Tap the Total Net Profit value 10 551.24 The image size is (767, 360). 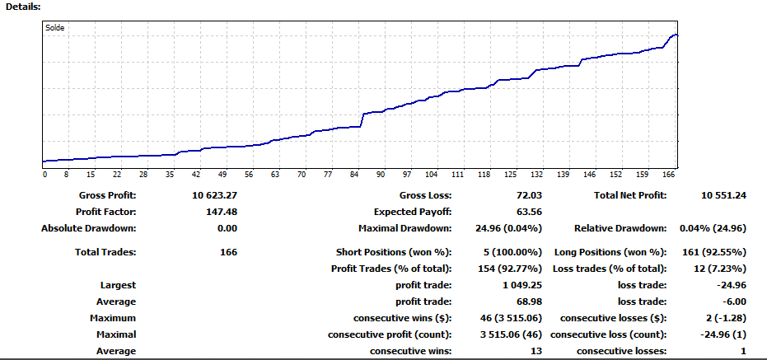[723, 196]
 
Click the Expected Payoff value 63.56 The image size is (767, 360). [523, 212]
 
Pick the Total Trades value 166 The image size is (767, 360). [227, 252]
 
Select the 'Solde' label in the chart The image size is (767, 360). [55, 28]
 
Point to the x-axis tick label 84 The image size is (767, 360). [354, 175]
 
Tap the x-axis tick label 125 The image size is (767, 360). [510, 175]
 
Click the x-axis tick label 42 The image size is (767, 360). [196, 175]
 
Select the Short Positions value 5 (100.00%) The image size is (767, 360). [506, 252]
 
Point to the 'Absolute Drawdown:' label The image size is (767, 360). [88, 228]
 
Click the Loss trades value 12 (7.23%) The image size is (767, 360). [713, 269]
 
